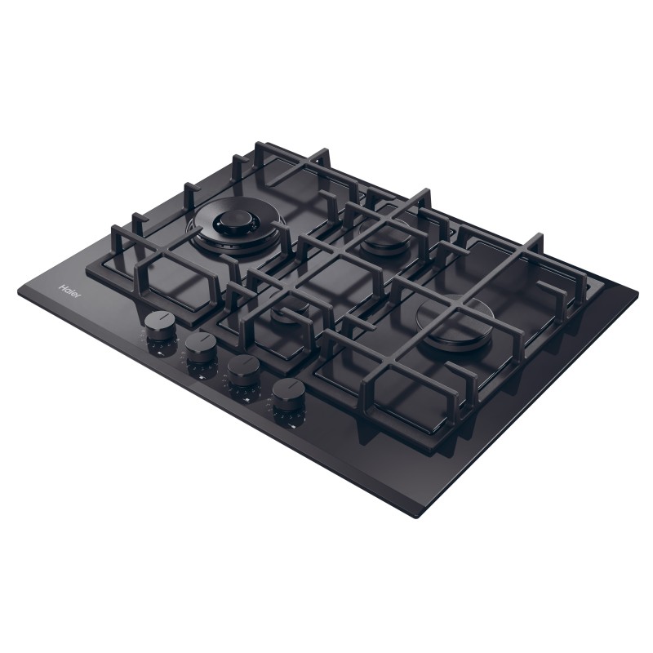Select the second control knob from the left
[x=199, y=349]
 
